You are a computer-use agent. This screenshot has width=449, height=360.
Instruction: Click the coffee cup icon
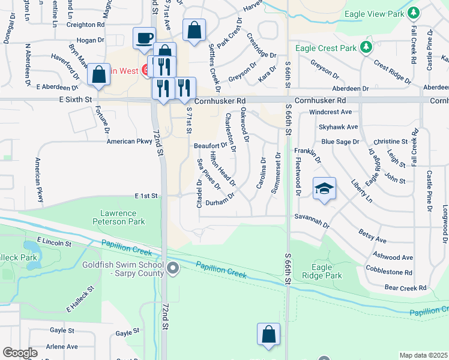pyautogui.click(x=143, y=38)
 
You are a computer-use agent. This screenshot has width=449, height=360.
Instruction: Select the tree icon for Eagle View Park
pyautogui.click(x=412, y=13)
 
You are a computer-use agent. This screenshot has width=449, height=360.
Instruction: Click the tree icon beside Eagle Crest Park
pyautogui.click(x=366, y=47)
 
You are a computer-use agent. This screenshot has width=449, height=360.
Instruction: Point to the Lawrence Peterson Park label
pyautogui.click(x=119, y=217)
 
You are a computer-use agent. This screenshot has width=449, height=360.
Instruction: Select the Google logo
pyautogui.click(x=20, y=352)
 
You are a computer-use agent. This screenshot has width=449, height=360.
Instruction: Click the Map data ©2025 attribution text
pyautogui.click(x=423, y=355)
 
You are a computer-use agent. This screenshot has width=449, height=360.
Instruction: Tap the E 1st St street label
pyautogui.click(x=146, y=196)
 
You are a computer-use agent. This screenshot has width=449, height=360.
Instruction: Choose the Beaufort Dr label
pyautogui.click(x=210, y=145)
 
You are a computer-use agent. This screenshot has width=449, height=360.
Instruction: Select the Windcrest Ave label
pyautogui.click(x=331, y=112)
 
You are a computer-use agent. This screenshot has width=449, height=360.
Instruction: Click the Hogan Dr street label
pyautogui.click(x=90, y=40)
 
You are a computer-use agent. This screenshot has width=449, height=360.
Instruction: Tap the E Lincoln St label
pyautogui.click(x=53, y=242)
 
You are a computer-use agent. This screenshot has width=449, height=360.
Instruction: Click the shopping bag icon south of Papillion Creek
pyautogui.click(x=268, y=334)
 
